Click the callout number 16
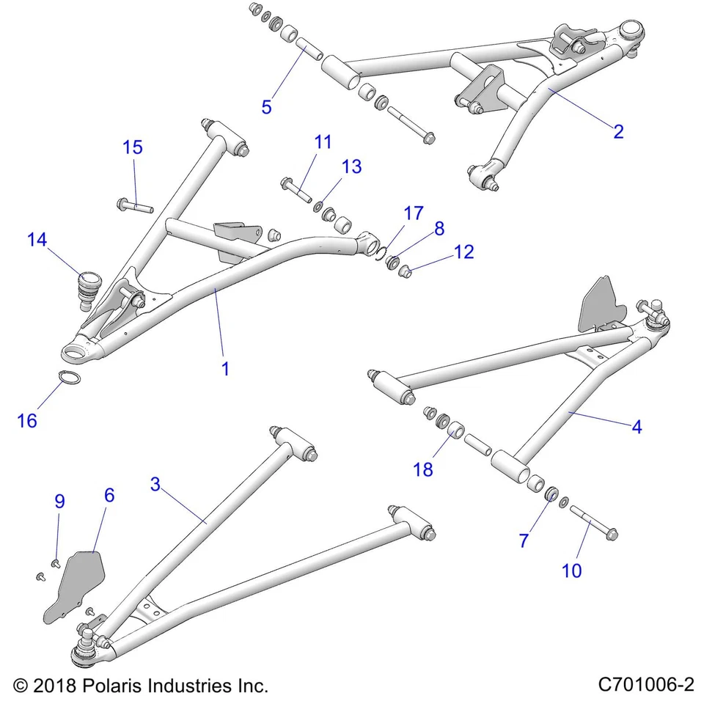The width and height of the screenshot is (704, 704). [x=27, y=421]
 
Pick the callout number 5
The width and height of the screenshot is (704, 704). [x=266, y=106]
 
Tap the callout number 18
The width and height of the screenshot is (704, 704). [x=423, y=469]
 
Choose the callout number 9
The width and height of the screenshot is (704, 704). [x=59, y=502]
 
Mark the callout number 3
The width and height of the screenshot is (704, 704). [x=155, y=484]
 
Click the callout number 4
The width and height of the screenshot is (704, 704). [x=637, y=426]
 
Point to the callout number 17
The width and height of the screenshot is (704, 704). [x=414, y=213]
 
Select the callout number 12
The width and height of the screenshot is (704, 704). [x=463, y=252]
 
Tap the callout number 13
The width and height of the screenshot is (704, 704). [x=351, y=166]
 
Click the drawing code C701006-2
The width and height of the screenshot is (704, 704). [x=645, y=685]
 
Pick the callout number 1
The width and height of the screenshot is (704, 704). [x=225, y=369]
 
